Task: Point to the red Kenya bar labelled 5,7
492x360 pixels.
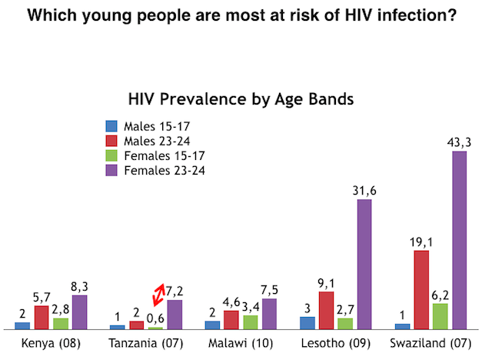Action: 42,317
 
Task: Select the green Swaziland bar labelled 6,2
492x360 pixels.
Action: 440,315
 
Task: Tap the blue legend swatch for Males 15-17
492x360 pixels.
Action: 111,125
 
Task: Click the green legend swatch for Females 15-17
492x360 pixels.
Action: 111,155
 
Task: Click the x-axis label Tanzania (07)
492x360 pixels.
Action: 147,342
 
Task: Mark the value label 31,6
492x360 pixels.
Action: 364,191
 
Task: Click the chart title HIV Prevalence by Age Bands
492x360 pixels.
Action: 240,99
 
